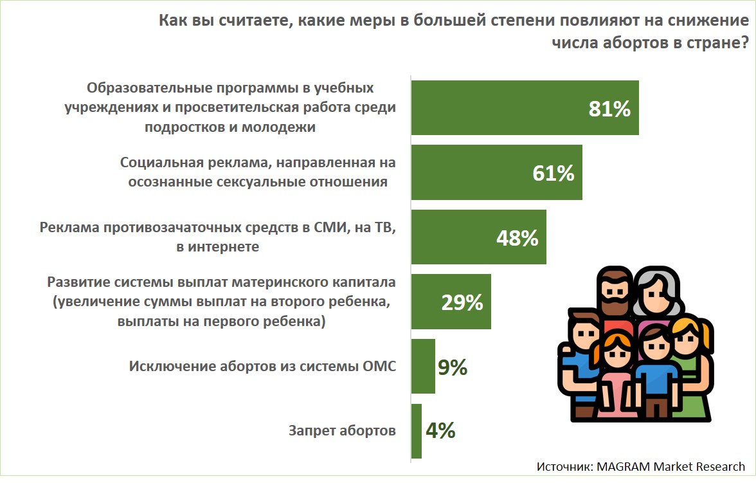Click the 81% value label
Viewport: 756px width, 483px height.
point(609,109)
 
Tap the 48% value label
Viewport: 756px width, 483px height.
point(517,238)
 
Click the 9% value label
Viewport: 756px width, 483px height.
point(452,367)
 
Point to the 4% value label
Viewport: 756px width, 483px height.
point(440,431)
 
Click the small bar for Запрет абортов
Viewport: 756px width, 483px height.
point(416,431)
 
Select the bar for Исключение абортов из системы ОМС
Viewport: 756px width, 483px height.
point(423,367)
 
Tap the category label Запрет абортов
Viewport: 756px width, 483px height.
point(342,431)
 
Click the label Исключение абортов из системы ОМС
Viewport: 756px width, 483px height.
point(262,367)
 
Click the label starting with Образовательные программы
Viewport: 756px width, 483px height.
point(230,107)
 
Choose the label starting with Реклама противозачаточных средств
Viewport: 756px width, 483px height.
point(217,237)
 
